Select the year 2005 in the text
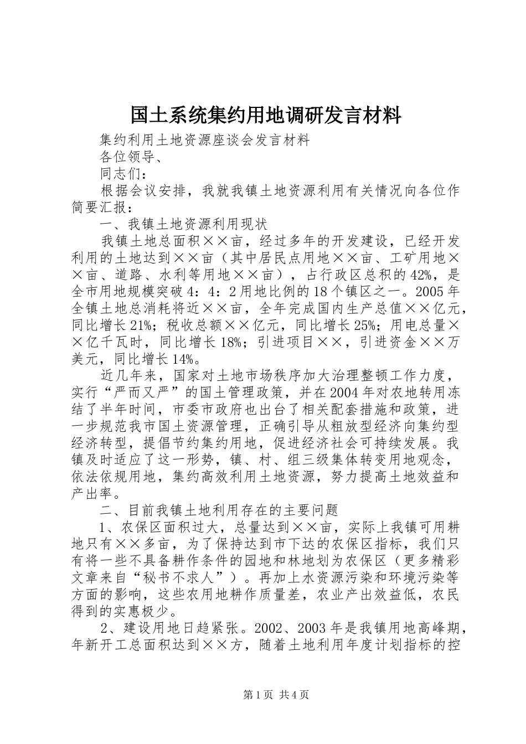click(424, 292)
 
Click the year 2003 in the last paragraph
click(314, 629)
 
